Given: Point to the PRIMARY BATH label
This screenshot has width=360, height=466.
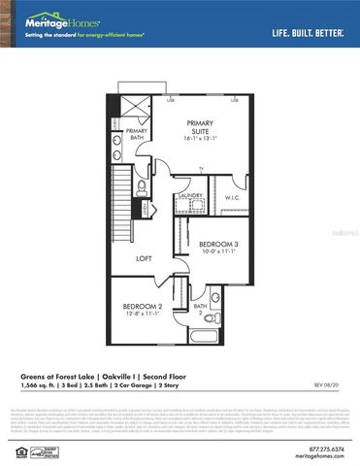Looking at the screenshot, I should (136, 134).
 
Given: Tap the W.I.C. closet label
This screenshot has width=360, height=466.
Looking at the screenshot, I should (232, 198).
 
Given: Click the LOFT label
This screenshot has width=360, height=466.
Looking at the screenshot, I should (144, 258).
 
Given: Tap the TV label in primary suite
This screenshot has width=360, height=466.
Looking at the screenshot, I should (201, 169).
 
